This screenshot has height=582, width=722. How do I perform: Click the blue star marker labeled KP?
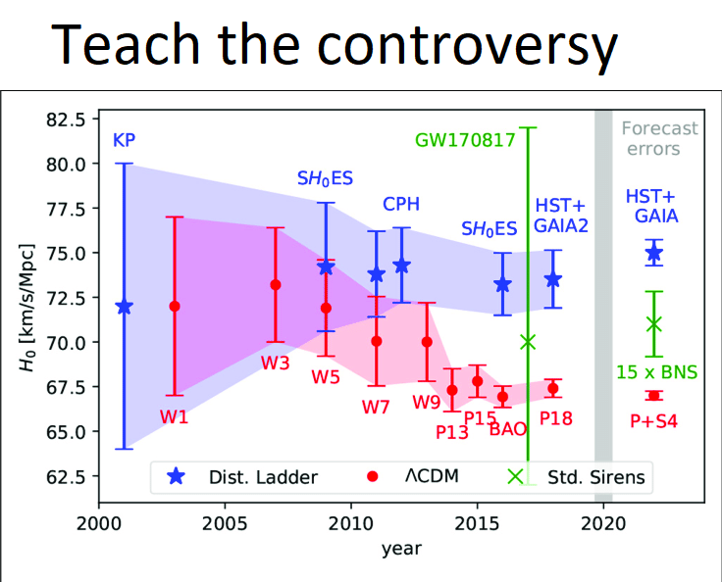[x=124, y=307]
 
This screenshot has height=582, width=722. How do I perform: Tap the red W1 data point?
[x=175, y=306]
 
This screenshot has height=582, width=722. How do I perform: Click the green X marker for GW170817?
[x=528, y=342]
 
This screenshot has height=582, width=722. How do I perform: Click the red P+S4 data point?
[x=653, y=395]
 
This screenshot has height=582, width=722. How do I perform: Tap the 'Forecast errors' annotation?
[x=659, y=138]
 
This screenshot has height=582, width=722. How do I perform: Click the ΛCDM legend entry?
[x=416, y=477]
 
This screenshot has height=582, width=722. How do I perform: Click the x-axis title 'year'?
[x=401, y=549]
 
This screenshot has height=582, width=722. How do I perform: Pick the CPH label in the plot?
[x=401, y=204]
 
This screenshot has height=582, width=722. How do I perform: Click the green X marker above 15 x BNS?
[x=653, y=324]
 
